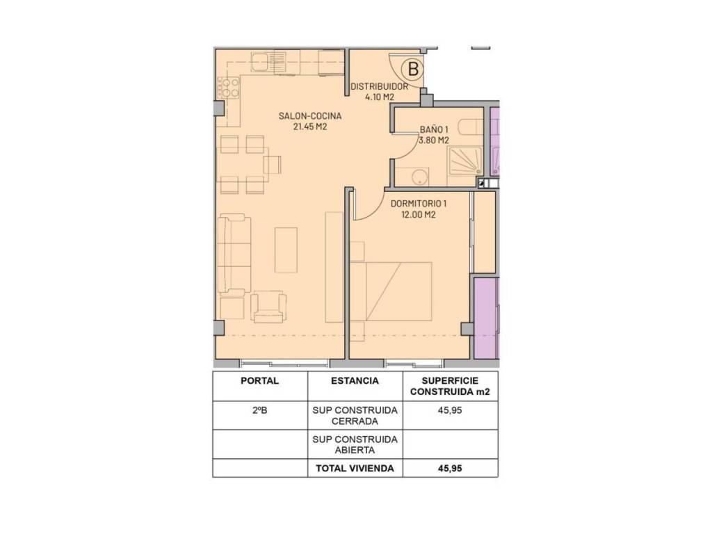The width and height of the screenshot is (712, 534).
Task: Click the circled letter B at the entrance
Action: tap(413, 70)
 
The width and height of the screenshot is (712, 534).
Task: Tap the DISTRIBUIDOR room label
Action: tap(379, 86)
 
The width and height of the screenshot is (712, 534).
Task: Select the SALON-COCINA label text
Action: tap(309, 116)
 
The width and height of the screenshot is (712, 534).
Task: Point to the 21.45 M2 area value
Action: tap(309, 127)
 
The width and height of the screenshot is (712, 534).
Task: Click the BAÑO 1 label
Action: tap(434, 130)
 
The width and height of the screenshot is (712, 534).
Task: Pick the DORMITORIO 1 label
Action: tap(418, 204)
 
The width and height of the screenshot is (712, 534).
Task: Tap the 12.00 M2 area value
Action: tap(418, 215)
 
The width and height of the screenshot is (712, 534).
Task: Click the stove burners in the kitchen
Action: tap(228, 88)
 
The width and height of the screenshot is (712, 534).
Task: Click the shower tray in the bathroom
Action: tap(466, 161)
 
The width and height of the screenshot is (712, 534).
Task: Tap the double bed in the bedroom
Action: tap(391, 291)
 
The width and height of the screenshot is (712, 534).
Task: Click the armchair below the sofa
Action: tap(269, 307)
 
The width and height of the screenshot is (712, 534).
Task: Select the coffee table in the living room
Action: tap(286, 250)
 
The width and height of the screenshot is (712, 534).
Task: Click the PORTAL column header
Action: tap(260, 381)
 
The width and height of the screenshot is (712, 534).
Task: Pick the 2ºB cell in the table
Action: tap(260, 410)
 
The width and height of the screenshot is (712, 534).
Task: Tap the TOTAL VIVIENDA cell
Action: tap(355, 469)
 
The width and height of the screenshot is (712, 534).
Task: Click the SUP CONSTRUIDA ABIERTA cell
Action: tap(355, 445)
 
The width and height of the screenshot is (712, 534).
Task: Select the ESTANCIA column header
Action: tap(355, 381)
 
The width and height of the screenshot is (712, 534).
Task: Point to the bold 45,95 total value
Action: tap(450, 469)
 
